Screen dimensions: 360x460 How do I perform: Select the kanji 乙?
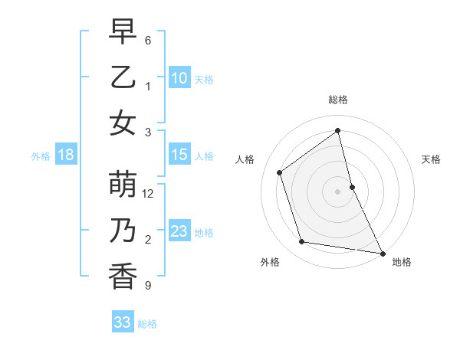click(x=123, y=77)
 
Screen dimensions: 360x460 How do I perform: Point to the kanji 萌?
click(x=123, y=185)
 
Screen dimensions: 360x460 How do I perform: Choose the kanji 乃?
click(x=123, y=231)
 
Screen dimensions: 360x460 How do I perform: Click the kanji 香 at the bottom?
click(x=123, y=276)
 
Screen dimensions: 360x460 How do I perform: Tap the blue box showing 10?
click(x=179, y=77)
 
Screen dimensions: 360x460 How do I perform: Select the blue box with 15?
click(x=179, y=155)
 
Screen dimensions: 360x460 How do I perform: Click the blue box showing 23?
click(x=179, y=231)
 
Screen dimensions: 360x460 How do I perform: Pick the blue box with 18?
click(x=66, y=155)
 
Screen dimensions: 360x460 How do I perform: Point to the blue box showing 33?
click(x=123, y=322)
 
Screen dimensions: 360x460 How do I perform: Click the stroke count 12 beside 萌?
click(x=148, y=194)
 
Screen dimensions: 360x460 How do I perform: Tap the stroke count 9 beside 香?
click(x=148, y=286)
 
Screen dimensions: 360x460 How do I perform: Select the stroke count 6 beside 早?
click(x=148, y=40)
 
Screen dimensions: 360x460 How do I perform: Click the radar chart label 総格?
click(x=338, y=100)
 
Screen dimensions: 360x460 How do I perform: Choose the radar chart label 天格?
click(x=432, y=159)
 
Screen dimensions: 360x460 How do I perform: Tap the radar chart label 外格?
click(x=270, y=262)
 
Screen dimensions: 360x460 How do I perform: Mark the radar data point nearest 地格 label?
click(x=381, y=253)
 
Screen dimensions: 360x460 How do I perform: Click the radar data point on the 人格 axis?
click(x=280, y=172)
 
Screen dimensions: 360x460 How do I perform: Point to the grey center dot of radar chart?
click(x=338, y=191)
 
